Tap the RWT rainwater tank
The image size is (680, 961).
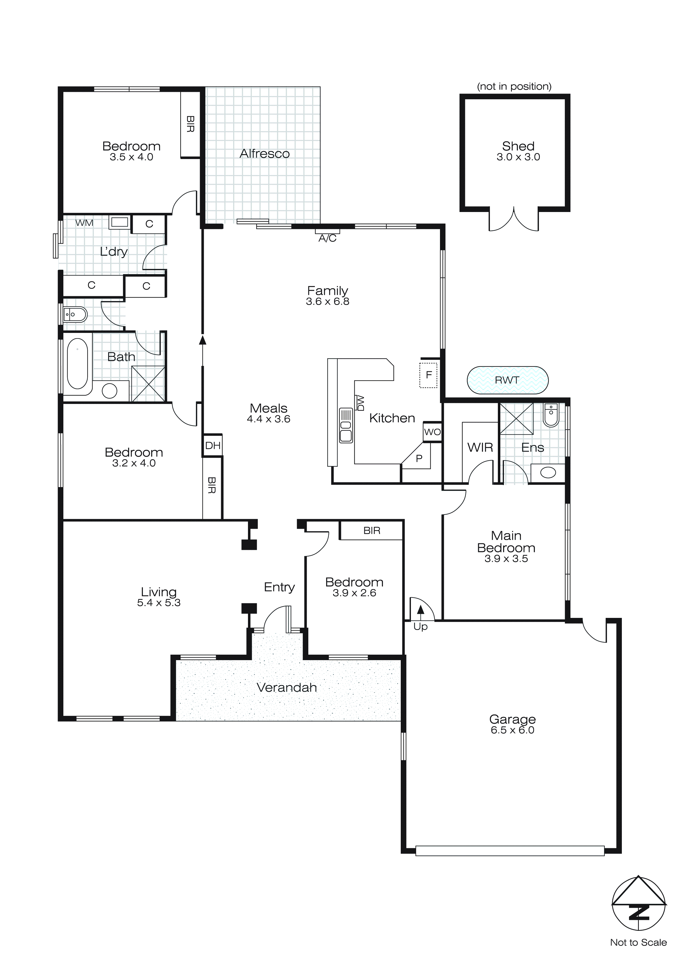(x=507, y=380)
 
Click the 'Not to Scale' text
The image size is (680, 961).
(x=638, y=942)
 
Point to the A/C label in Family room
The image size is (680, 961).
(x=328, y=238)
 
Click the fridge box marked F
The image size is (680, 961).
(x=428, y=375)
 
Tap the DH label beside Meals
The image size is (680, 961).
(x=213, y=445)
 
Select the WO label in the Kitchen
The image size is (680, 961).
(x=432, y=432)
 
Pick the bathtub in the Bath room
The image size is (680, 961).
(x=77, y=363)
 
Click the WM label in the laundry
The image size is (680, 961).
(x=84, y=223)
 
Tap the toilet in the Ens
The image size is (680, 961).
(x=551, y=414)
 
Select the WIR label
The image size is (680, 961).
(x=480, y=447)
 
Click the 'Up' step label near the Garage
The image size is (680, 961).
(x=421, y=627)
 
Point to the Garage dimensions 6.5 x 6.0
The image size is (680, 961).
(x=512, y=730)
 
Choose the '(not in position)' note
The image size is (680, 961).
(x=514, y=86)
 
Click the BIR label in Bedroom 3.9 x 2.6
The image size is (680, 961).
(x=372, y=531)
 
